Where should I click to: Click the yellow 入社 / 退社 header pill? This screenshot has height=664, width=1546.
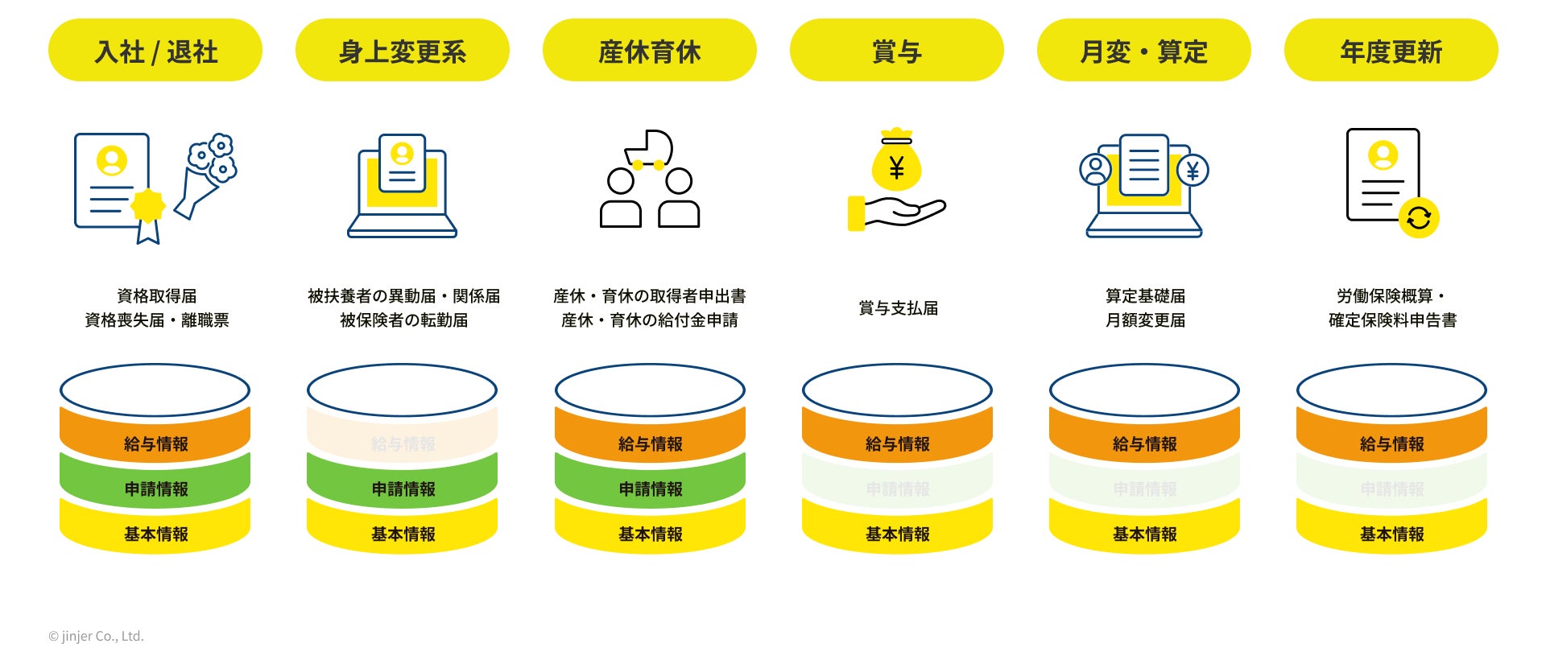pyautogui.click(x=155, y=51)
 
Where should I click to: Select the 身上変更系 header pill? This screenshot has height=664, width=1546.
pyautogui.click(x=403, y=51)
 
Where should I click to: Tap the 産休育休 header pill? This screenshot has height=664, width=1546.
pyautogui.click(x=650, y=51)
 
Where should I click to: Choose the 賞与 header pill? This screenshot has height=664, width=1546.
pyautogui.click(x=896, y=51)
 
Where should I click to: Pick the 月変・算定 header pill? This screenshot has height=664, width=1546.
pyautogui.click(x=1143, y=51)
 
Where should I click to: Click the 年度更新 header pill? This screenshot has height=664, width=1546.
pyautogui.click(x=1391, y=51)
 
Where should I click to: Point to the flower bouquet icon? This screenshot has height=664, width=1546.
pyautogui.click(x=207, y=175)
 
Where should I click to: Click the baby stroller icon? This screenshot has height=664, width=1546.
pyautogui.click(x=648, y=150)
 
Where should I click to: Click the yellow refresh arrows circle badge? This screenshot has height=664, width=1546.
pyautogui.click(x=1418, y=218)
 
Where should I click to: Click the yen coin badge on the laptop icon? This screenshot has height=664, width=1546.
pyautogui.click(x=1193, y=171)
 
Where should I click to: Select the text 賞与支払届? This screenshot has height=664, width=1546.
pyautogui.click(x=898, y=308)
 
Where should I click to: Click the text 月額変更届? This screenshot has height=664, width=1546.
pyautogui.click(x=1145, y=320)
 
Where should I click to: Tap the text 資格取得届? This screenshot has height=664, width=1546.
pyautogui.click(x=156, y=296)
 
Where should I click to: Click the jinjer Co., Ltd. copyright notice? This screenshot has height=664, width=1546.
pyautogui.click(x=97, y=636)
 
